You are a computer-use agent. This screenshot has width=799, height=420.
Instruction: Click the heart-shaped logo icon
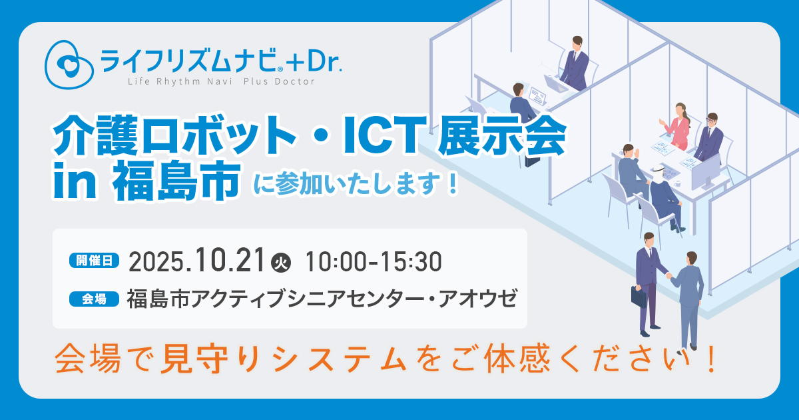pos(69,64)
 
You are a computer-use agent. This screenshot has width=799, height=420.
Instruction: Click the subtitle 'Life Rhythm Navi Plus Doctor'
pos(221,82)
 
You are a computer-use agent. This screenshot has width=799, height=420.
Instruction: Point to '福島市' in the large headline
pos(176,181)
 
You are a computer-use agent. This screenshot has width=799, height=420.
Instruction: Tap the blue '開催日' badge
pos(94,261)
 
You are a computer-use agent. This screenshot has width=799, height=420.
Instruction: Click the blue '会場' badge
pos(94,299)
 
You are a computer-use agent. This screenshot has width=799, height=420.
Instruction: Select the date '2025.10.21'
pos(196,261)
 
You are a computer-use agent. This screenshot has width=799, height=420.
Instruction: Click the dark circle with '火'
pos(281,263)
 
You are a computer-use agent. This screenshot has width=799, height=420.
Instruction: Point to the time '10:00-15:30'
pos(374,262)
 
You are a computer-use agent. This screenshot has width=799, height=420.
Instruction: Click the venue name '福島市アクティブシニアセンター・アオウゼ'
pos(322,299)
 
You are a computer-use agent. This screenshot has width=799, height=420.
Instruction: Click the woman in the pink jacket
pos(676,126)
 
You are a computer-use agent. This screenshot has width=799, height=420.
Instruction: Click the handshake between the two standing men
pos(668,276)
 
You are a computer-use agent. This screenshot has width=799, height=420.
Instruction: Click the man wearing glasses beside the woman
pos(709,137)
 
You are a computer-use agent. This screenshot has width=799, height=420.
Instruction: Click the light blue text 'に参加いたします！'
pos(356,185)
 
